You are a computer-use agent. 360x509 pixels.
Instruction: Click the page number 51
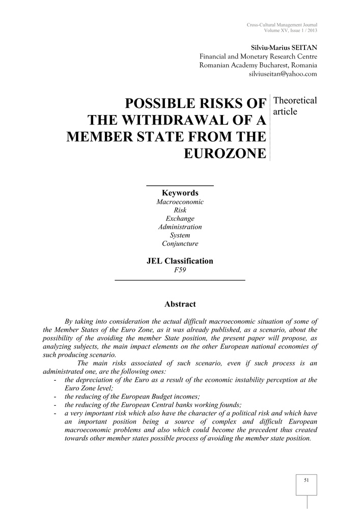(x=307, y=480)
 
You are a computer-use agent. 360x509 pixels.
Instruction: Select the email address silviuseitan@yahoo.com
(x=283, y=74)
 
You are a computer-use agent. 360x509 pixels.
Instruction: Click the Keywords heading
(x=180, y=193)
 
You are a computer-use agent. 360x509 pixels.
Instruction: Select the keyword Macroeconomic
(x=180, y=202)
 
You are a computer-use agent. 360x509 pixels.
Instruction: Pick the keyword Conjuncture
(x=180, y=244)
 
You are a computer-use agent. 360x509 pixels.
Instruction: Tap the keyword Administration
(x=180, y=227)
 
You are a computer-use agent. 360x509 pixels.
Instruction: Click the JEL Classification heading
(x=180, y=261)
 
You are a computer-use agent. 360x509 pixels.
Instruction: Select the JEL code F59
(x=180, y=270)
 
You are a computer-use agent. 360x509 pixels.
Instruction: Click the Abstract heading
(x=180, y=304)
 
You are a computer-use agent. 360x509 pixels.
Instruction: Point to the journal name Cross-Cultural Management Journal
(x=282, y=25)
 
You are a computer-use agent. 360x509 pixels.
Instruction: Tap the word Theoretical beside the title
(x=295, y=100)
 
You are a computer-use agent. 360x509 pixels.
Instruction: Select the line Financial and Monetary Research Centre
(x=258, y=56)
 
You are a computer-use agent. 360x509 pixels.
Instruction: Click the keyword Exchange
(x=180, y=219)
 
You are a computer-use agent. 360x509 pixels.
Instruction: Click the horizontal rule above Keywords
(x=180, y=185)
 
